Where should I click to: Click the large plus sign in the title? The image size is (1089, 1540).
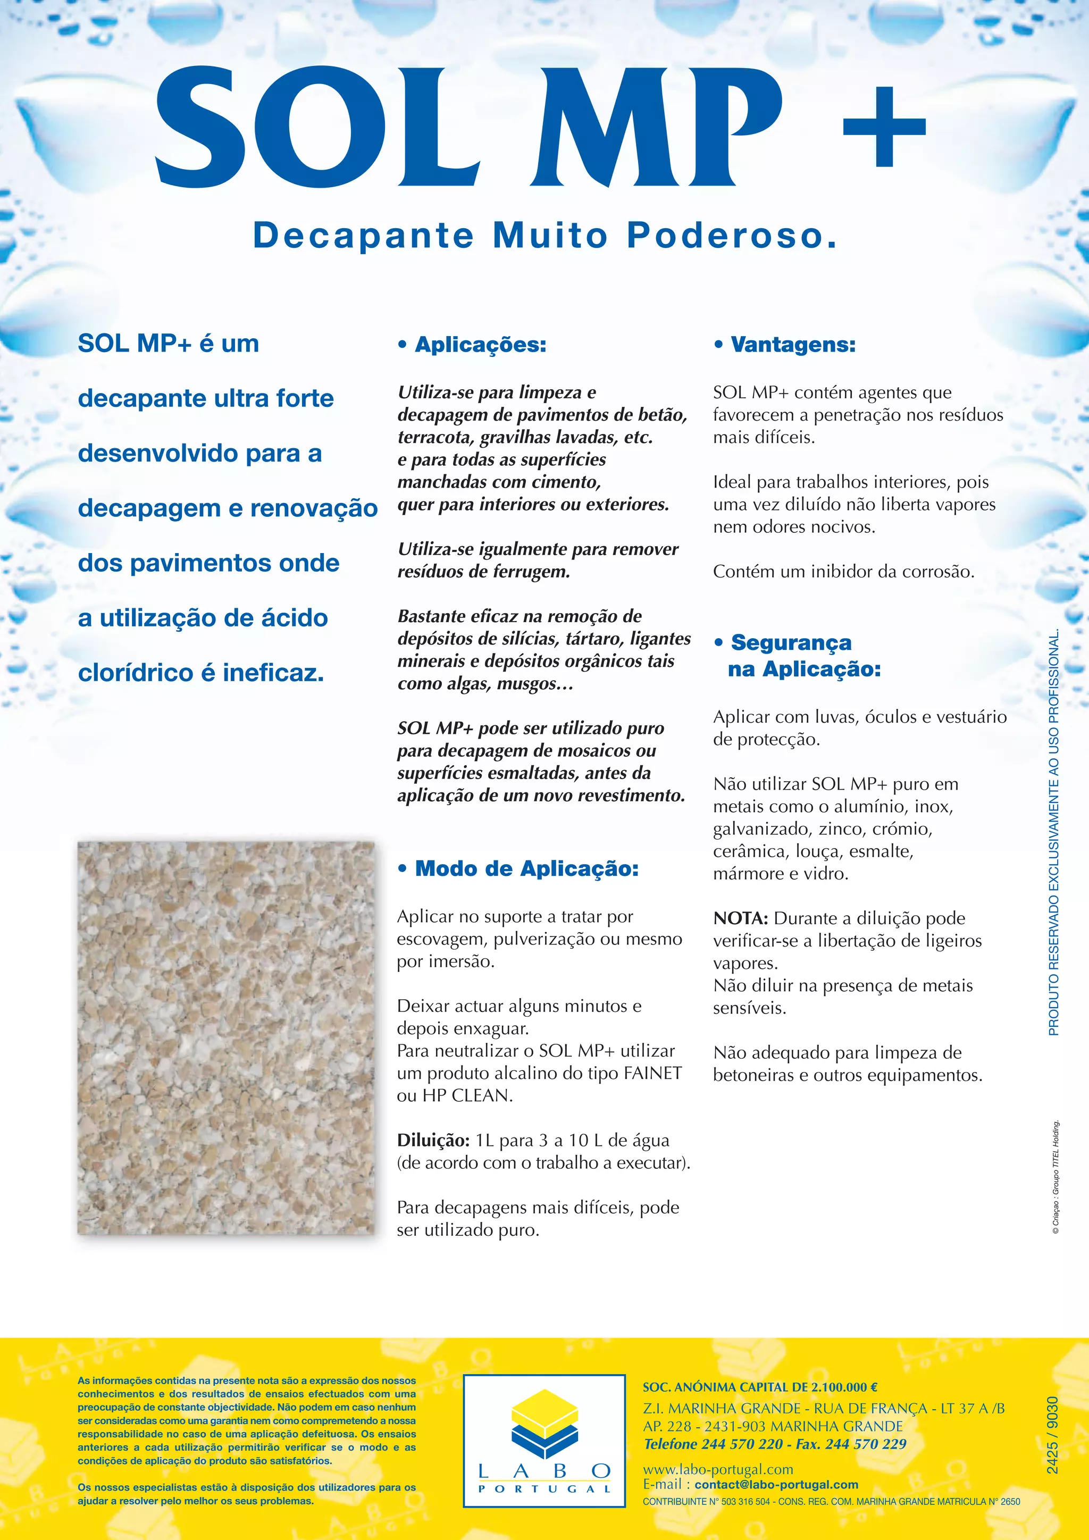(x=884, y=127)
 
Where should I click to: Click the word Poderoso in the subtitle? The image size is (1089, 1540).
(x=732, y=236)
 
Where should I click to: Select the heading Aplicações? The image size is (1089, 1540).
(x=480, y=345)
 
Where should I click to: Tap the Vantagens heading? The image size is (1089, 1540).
(x=793, y=345)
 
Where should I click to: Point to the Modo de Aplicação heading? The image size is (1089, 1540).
(x=526, y=868)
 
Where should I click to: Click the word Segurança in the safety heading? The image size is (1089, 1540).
(x=791, y=642)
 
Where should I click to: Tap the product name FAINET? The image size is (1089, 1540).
(x=652, y=1073)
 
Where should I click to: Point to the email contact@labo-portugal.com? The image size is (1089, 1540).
(x=776, y=1484)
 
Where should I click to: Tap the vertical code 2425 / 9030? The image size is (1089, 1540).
(x=1052, y=1435)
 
